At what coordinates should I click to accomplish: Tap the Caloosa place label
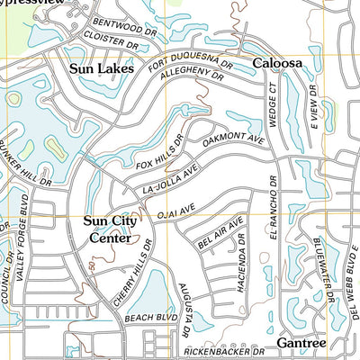pyautogui.click(x=276, y=64)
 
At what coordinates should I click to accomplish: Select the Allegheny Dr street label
pyautogui.click(x=190, y=83)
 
